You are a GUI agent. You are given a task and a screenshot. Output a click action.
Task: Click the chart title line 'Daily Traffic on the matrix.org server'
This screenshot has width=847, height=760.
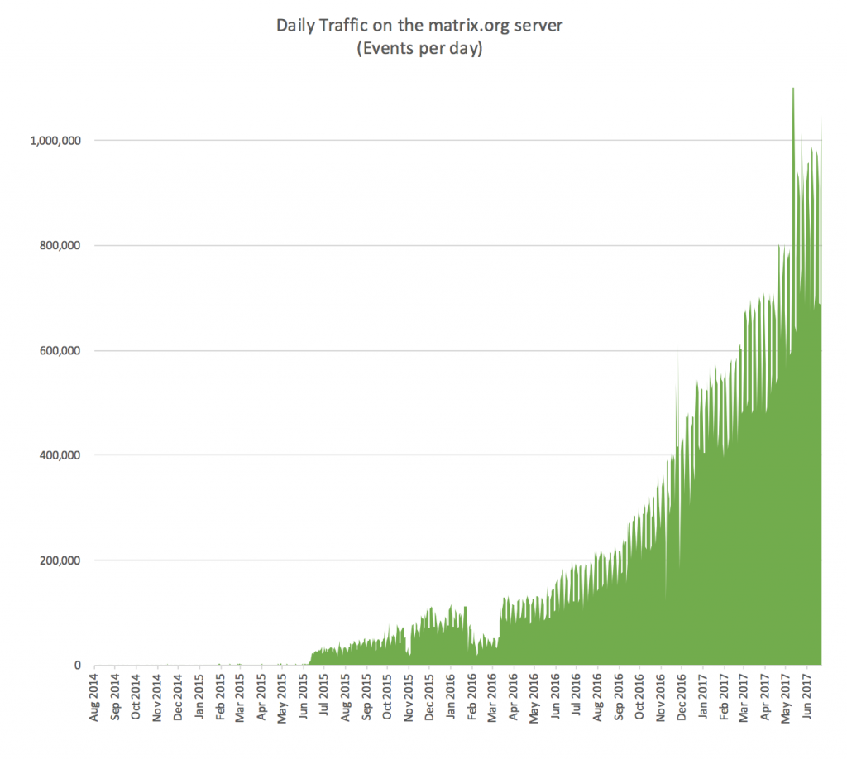419,26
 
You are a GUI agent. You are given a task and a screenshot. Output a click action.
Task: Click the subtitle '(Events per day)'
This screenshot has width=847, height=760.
419,49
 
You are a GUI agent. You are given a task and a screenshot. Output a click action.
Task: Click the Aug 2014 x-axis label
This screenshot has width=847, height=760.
95,700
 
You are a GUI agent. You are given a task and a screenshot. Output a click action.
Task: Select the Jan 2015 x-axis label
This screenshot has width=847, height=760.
199,700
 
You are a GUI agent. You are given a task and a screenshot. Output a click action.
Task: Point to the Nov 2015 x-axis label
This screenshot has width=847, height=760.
409,700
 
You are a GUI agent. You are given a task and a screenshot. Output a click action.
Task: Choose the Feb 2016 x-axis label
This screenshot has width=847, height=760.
472,700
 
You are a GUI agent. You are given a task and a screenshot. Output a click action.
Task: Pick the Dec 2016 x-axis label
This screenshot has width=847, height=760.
682,700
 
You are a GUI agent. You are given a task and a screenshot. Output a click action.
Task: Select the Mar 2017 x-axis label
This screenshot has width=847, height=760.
744,700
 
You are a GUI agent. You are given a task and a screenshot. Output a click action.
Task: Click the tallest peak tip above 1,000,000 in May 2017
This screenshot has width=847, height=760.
793,89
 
